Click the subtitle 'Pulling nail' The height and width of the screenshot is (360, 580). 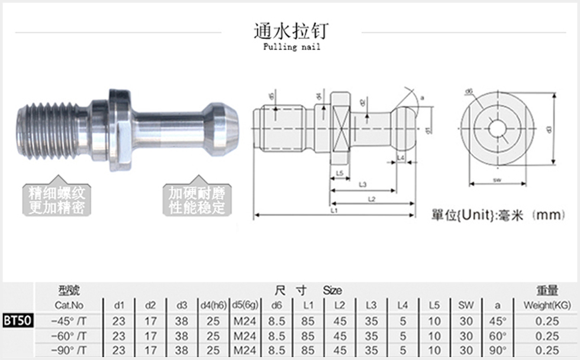tap(291, 47)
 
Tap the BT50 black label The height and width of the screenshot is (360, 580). tap(18, 320)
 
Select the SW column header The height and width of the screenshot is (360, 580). tap(466, 306)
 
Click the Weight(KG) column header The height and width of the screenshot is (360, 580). tap(547, 306)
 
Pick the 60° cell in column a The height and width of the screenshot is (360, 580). tap(497, 336)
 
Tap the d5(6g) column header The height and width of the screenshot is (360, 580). tap(244, 306)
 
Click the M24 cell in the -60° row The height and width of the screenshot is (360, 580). tap(244, 336)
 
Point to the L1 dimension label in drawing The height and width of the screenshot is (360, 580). tap(334, 211)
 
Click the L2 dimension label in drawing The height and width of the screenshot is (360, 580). tap(371, 200)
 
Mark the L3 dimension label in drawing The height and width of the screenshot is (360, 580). tap(362, 185)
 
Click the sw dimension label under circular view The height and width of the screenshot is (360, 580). tap(497, 178)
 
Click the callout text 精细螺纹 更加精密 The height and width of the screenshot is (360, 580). tap(57, 200)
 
